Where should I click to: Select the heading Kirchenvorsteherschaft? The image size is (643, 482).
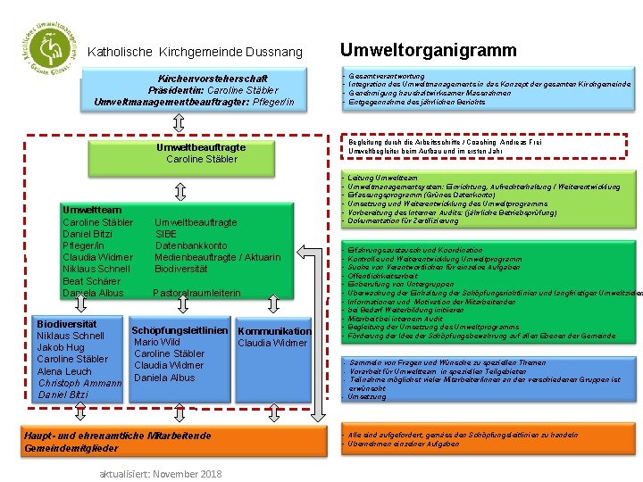tap(213, 79)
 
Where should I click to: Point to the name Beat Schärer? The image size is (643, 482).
tap(93, 281)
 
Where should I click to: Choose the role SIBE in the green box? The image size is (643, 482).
tap(166, 234)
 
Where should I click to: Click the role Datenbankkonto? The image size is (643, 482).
tap(191, 245)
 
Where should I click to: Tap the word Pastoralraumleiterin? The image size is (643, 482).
tap(196, 293)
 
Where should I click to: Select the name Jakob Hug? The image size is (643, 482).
tap(62, 347)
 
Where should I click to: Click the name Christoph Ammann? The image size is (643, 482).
tap(79, 383)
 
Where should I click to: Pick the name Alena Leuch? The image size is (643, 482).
tap(64, 371)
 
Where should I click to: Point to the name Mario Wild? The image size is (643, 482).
tap(156, 342)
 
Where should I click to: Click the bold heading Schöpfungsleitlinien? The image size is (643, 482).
tap(180, 330)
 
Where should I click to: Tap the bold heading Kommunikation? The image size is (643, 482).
tap(276, 331)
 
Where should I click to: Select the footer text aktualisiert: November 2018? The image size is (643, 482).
tap(160, 473)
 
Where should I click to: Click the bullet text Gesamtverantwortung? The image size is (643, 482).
tap(388, 77)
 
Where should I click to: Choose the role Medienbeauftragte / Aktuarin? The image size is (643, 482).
tap(217, 257)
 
